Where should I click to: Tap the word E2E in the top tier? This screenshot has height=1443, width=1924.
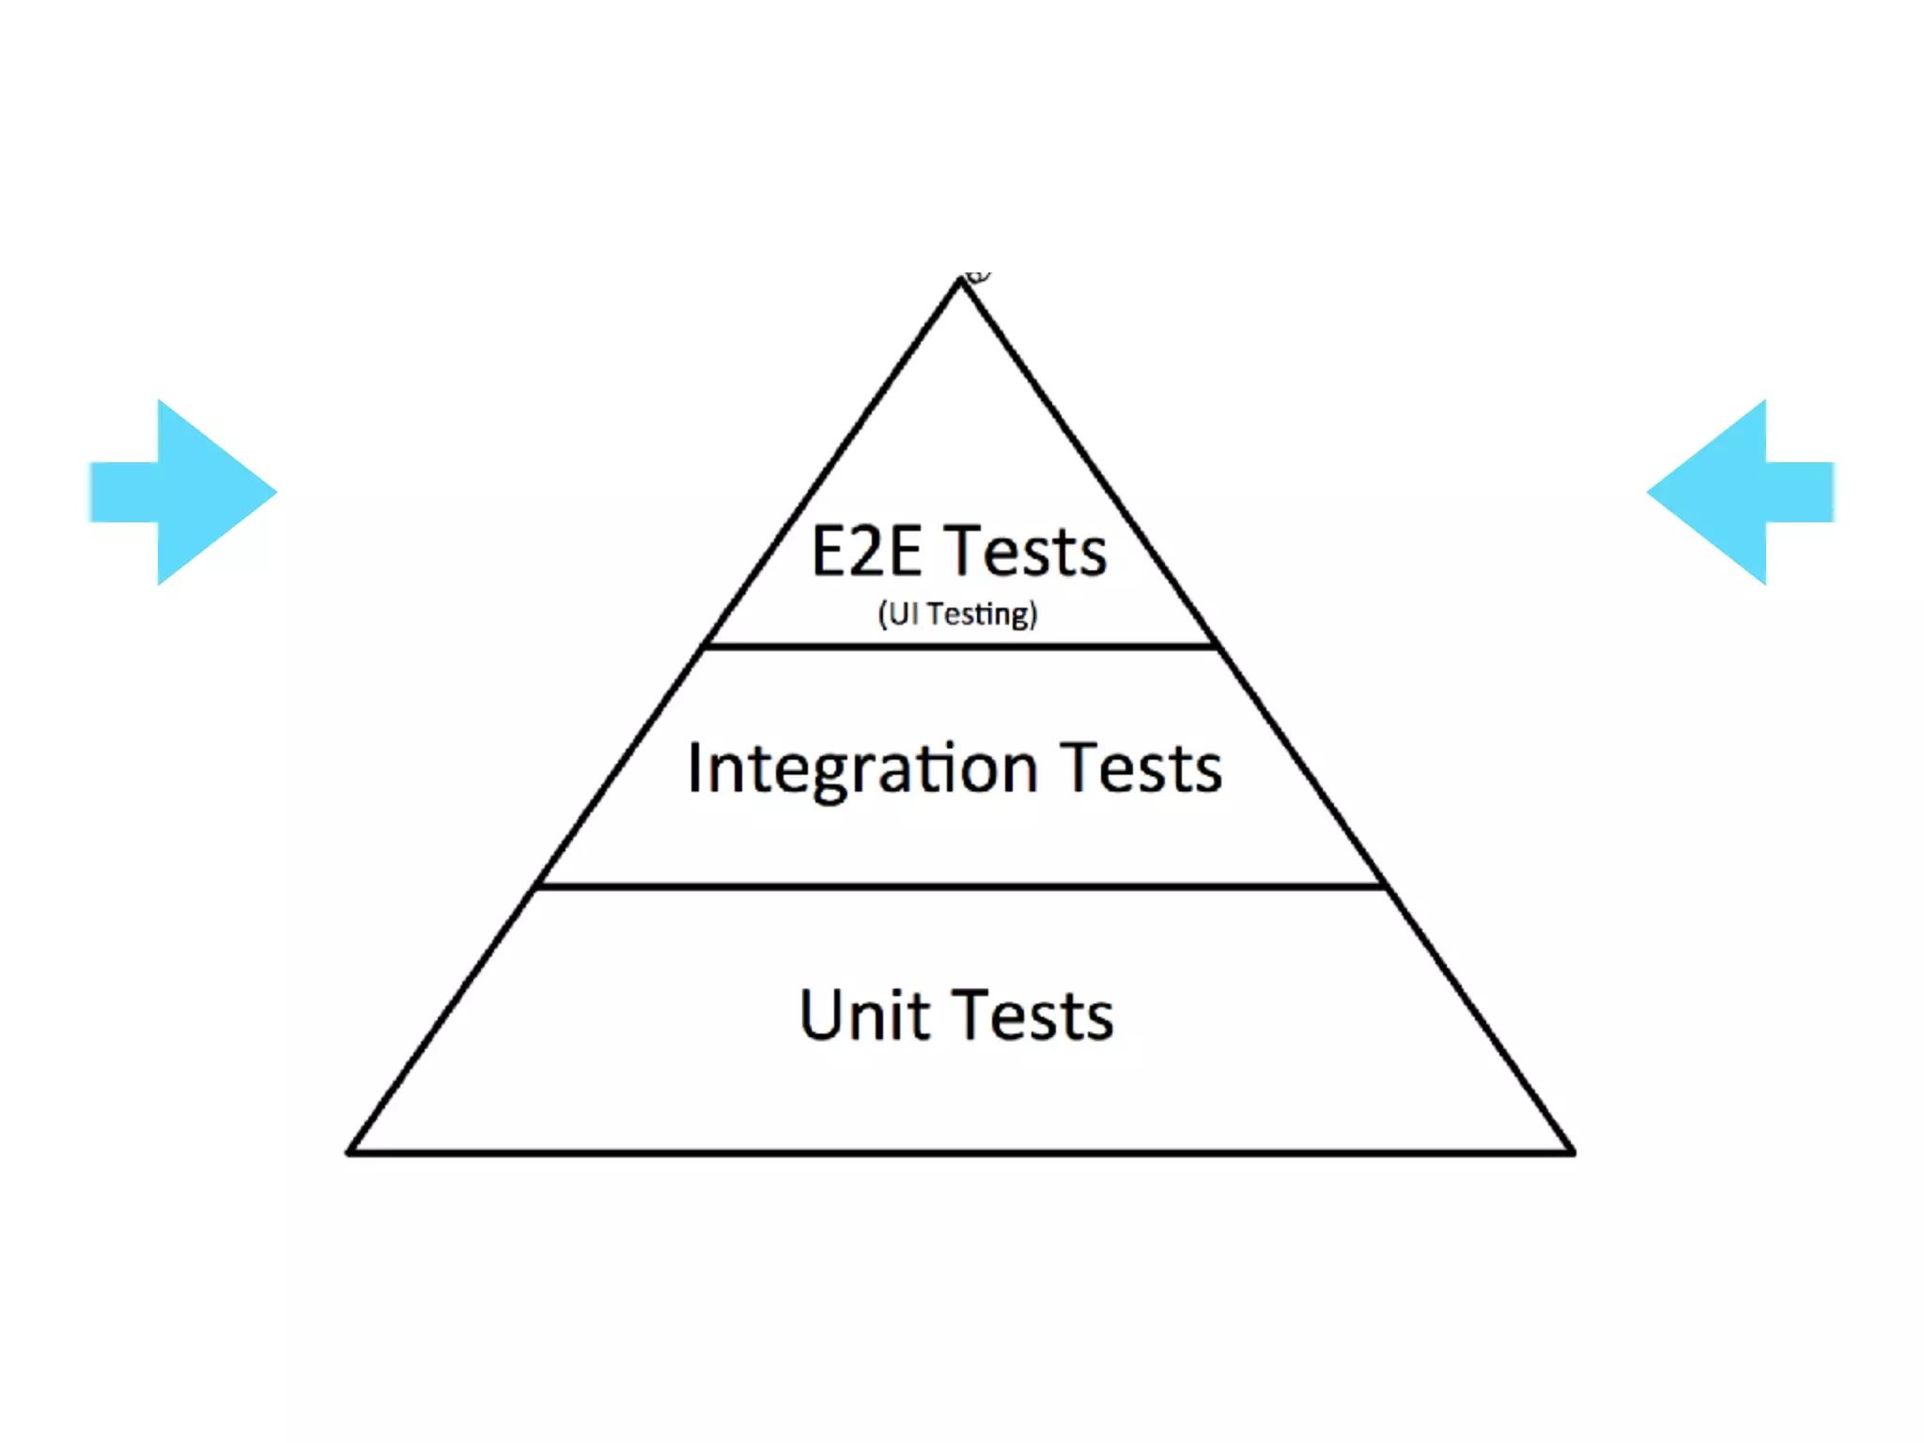click(x=865, y=551)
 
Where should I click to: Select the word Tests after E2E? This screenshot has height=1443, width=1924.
click(x=1026, y=551)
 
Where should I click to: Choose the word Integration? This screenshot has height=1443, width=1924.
click(x=862, y=769)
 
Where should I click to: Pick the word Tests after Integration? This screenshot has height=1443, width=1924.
click(x=1141, y=769)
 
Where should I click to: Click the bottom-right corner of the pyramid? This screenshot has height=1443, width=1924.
click(x=1572, y=1151)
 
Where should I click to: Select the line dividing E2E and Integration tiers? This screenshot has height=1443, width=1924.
click(x=960, y=646)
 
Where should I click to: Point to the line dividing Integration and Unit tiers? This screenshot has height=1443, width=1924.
click(x=960, y=886)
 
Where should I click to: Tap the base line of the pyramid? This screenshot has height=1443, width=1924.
click(x=960, y=1152)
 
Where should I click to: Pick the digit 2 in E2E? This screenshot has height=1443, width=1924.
click(x=866, y=551)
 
